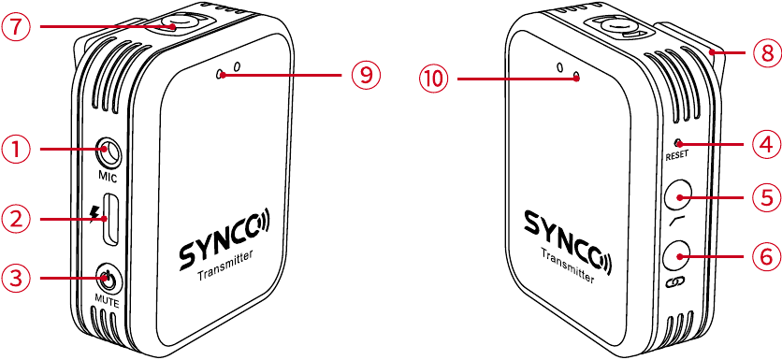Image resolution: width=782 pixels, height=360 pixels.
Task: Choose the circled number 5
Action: pos(765,197)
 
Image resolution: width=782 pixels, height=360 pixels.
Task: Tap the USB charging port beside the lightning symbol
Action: pos(110,218)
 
